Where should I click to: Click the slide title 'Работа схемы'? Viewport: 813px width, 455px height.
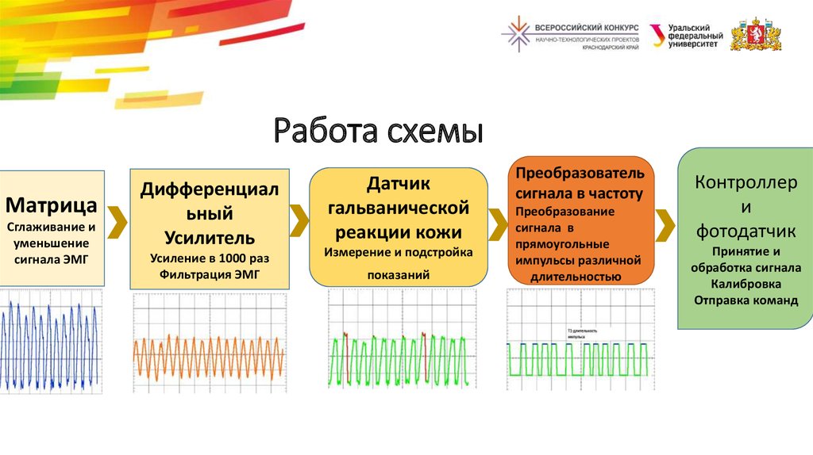tap(378, 131)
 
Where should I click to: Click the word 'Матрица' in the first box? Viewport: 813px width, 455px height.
tap(52, 206)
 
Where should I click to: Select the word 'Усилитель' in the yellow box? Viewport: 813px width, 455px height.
tap(210, 237)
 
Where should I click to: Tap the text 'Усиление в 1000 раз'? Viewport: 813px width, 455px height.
tap(210, 258)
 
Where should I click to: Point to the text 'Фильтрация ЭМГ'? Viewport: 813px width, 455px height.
tap(210, 275)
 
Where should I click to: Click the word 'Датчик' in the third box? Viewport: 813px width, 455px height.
tap(398, 184)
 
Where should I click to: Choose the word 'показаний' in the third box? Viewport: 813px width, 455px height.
tap(398, 274)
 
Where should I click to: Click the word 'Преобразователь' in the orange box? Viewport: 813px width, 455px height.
tap(580, 173)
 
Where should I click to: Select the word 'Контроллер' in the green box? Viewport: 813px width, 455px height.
tap(746, 183)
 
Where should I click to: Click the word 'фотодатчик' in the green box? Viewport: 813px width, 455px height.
tap(746, 231)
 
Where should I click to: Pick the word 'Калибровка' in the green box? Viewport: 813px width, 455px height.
tap(746, 283)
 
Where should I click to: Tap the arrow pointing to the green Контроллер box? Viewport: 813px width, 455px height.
tap(665, 222)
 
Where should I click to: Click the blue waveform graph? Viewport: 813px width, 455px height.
tap(52, 343)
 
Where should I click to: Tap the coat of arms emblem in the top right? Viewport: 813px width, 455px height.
tap(755, 34)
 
